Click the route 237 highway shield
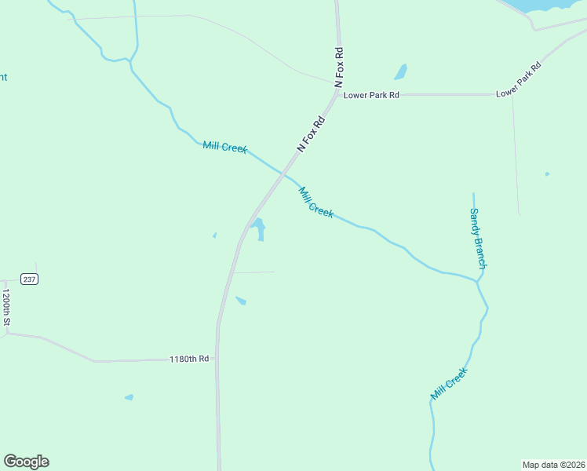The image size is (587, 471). tap(29, 279)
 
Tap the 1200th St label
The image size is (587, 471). tap(5, 308)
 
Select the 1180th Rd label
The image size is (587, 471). tap(189, 359)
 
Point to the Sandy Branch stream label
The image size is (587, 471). tap(478, 238)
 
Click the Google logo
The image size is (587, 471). tap(26, 462)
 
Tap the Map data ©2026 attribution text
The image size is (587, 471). tap(553, 465)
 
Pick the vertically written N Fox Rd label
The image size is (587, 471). tap(339, 67)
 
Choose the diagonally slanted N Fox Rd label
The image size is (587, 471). tap(311, 134)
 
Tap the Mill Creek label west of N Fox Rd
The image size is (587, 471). tap(224, 147)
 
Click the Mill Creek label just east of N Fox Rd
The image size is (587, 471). tap(315, 202)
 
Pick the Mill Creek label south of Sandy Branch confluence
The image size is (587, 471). tap(449, 383)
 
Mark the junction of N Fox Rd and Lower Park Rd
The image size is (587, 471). tap(338, 94)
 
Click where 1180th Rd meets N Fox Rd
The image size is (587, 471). tap(217, 358)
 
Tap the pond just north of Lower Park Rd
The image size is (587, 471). tap(401, 72)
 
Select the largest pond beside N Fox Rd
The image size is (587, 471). tap(257, 229)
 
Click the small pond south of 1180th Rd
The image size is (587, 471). tap(129, 397)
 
